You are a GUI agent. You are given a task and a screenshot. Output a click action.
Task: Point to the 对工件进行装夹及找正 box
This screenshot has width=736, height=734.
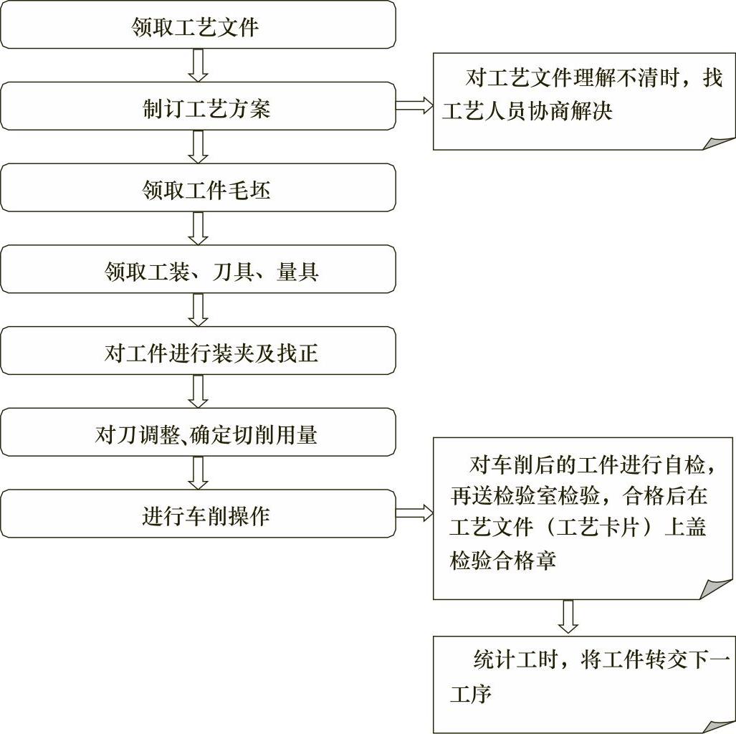click(x=197, y=353)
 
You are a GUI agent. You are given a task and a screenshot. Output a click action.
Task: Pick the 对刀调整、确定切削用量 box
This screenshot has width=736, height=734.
click(x=197, y=434)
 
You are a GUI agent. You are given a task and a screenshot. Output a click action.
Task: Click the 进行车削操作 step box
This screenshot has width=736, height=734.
click(x=197, y=515)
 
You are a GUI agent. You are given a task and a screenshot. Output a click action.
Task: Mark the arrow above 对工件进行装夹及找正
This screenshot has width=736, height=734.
click(x=199, y=310)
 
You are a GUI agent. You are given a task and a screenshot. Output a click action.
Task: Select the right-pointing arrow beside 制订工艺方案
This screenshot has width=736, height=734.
click(x=414, y=107)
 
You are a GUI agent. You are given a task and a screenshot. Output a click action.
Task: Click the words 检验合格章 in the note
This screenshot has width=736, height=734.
click(x=503, y=560)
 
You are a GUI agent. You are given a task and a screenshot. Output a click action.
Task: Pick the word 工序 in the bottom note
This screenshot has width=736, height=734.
click(x=471, y=694)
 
